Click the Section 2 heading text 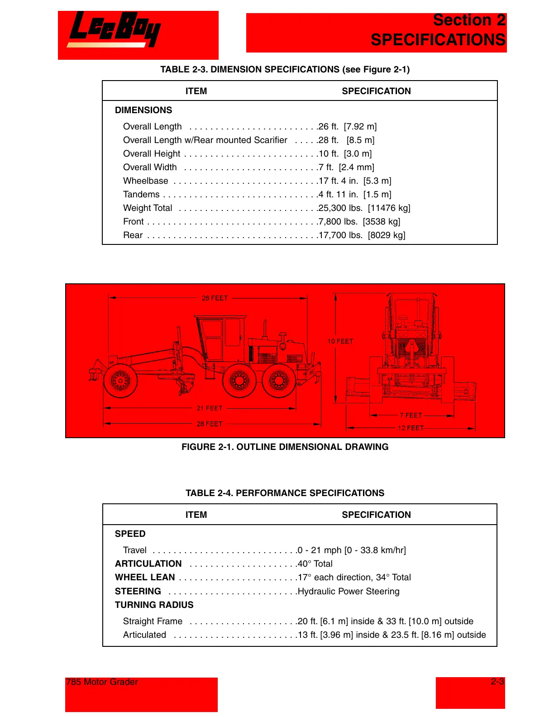(469, 20)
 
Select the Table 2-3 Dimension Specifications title (285, 69)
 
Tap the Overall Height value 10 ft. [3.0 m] (345, 154)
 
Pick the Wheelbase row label (146, 181)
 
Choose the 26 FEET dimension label (215, 298)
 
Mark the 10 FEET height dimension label (340, 341)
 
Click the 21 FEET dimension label (210, 408)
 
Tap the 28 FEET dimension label (210, 424)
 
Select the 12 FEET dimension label (411, 428)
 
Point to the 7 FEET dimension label (411, 416)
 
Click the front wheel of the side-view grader (120, 381)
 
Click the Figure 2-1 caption (285, 447)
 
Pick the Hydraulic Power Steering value (349, 592)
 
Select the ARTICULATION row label (148, 564)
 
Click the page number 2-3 (497, 682)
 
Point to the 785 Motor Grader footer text (102, 682)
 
